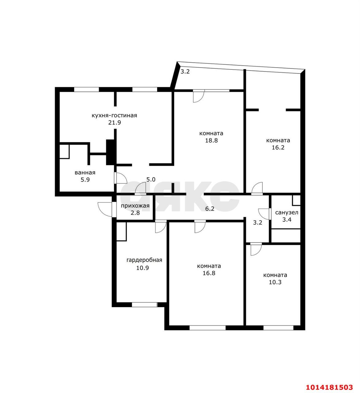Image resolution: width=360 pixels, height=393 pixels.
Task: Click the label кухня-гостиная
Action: [x=114, y=115]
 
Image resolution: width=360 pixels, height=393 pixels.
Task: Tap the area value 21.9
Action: [x=114, y=123]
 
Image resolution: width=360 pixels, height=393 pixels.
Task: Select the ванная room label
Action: [x=85, y=173]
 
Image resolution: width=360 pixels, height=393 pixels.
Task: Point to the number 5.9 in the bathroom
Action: [x=85, y=180]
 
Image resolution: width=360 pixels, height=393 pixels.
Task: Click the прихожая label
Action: [x=135, y=206]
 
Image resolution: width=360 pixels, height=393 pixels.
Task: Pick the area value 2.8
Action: [x=135, y=213]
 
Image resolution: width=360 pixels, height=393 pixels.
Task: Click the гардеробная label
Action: [x=144, y=260]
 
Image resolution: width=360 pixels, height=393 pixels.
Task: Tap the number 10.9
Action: [x=143, y=268]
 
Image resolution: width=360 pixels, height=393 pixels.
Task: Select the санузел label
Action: [x=287, y=212]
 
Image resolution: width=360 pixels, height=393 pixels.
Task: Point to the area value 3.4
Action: [x=287, y=220]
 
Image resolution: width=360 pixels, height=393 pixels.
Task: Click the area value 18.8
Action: [x=211, y=141]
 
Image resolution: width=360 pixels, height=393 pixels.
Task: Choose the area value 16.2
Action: [x=278, y=147]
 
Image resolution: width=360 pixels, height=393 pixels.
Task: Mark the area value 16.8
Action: [x=209, y=273]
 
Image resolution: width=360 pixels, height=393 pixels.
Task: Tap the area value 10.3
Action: [x=275, y=282]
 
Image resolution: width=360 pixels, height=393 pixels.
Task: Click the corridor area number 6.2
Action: [x=210, y=209]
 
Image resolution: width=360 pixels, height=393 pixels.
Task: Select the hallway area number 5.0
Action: [x=151, y=179]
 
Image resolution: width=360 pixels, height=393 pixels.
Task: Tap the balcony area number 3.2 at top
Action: [x=185, y=72]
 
